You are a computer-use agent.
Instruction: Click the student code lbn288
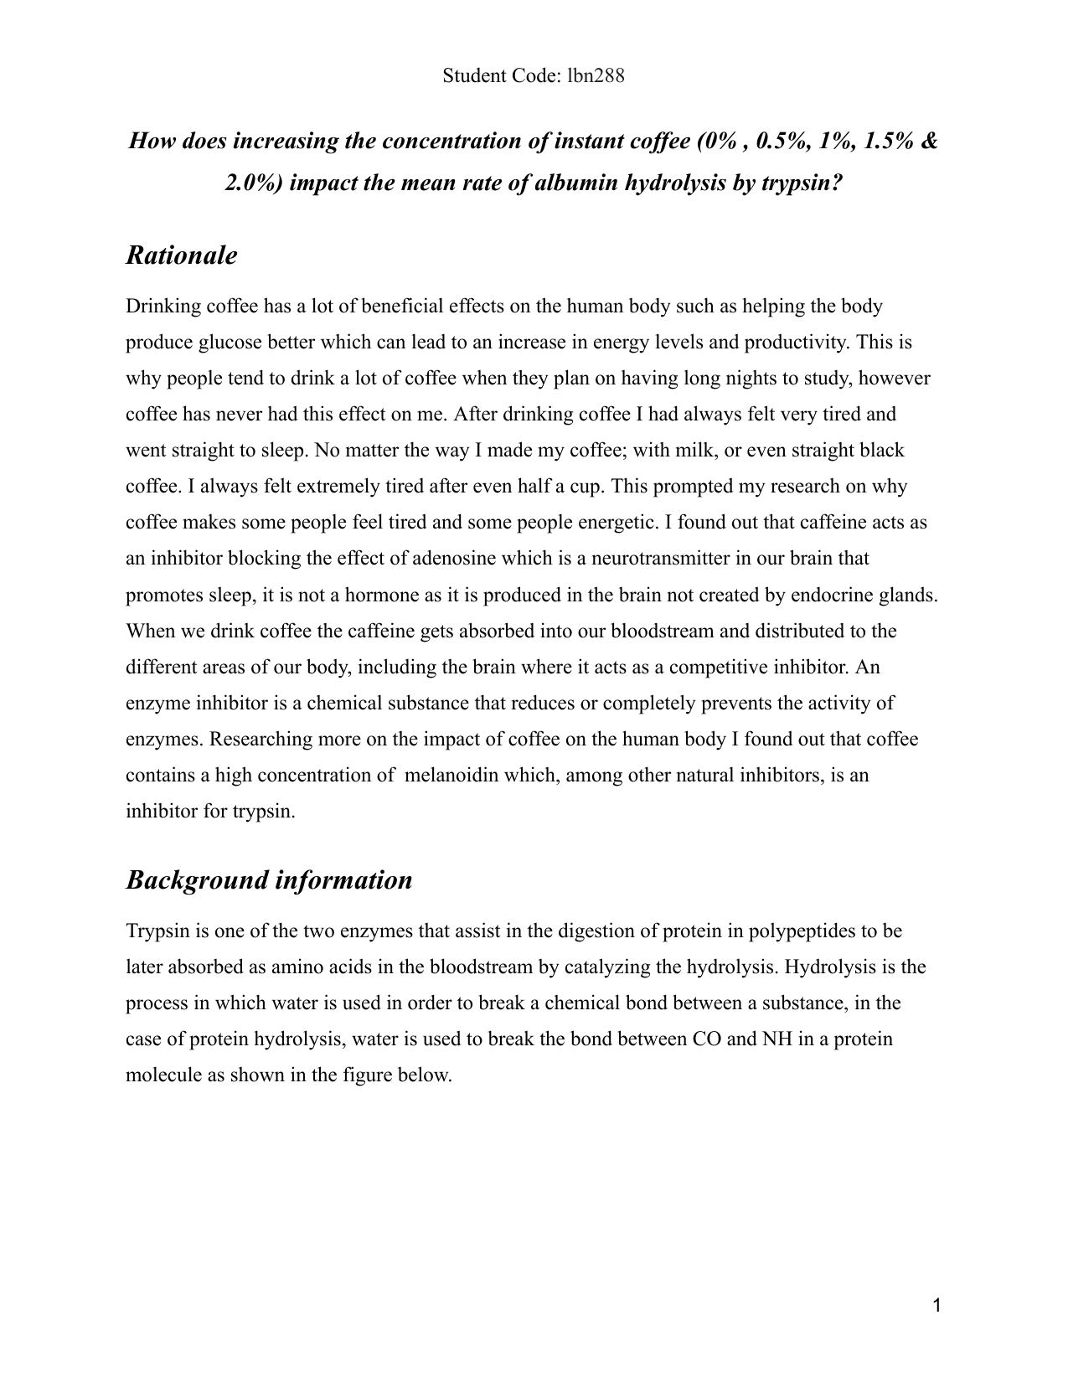(x=596, y=76)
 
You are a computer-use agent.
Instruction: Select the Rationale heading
(x=181, y=255)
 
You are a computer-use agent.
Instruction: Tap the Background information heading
(x=269, y=880)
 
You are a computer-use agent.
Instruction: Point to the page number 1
(x=937, y=1306)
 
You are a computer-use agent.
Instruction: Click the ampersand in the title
(x=929, y=141)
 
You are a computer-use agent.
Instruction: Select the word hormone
(x=370, y=596)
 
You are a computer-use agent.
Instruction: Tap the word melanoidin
(x=451, y=776)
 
